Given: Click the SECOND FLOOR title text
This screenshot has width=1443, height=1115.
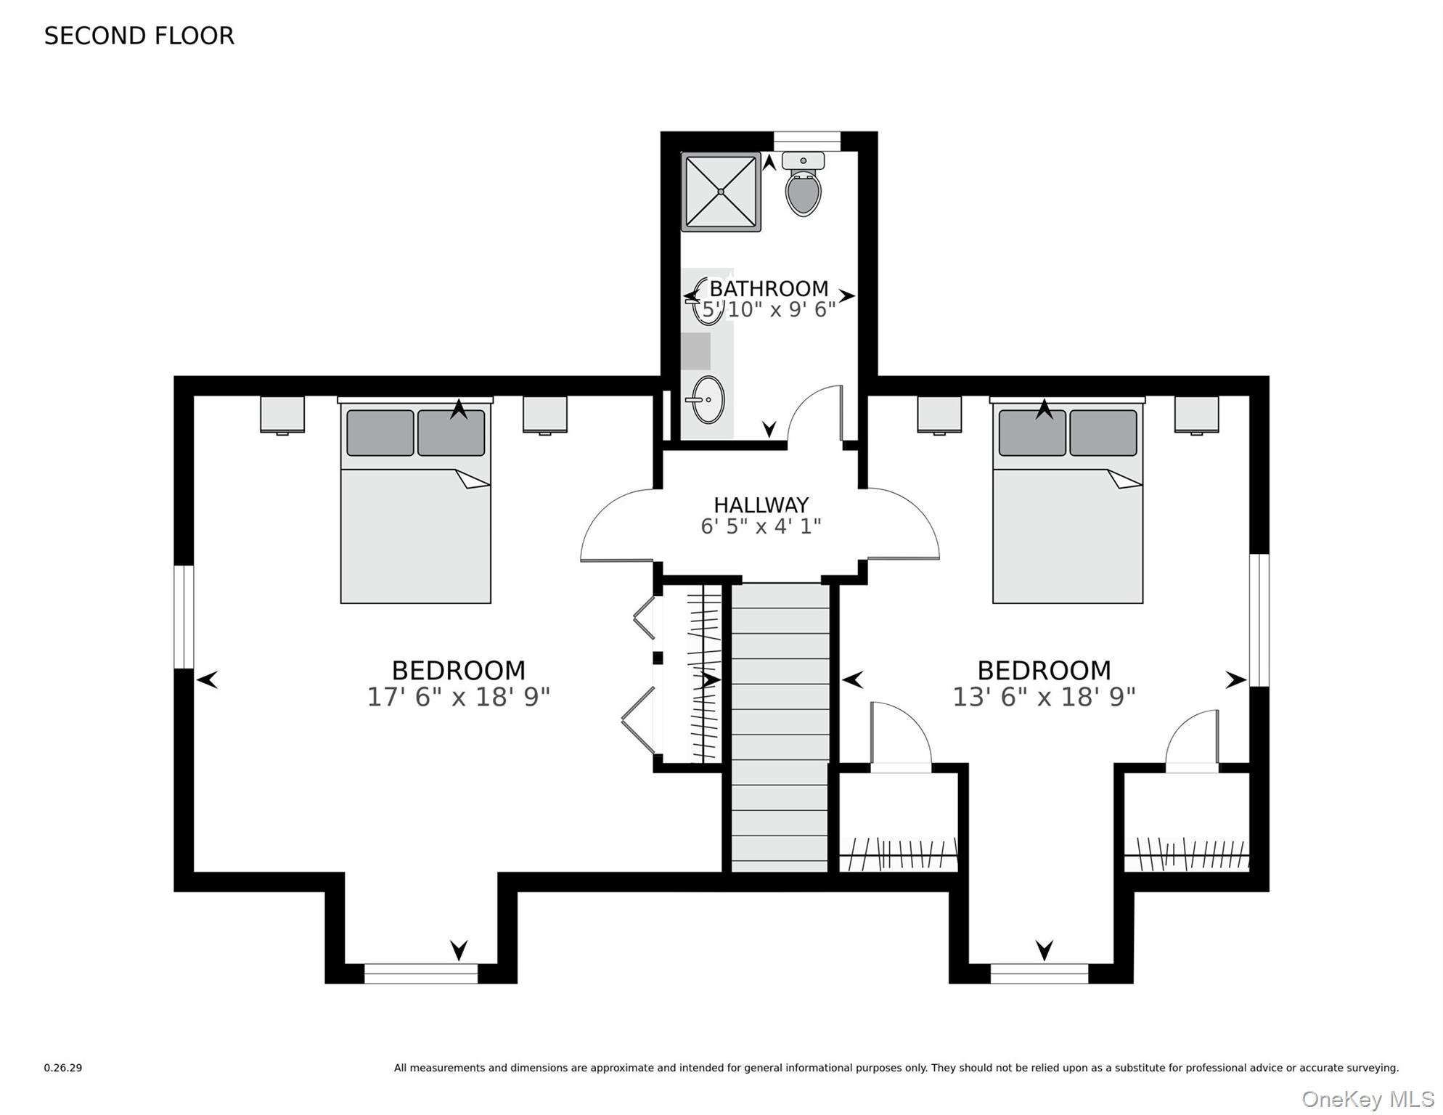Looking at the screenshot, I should (x=139, y=36).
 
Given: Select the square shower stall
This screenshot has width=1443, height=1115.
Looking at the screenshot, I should (x=720, y=192).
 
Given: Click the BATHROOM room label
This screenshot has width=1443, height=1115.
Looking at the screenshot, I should (x=769, y=288).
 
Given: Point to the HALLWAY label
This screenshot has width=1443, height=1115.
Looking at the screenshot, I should (x=761, y=505).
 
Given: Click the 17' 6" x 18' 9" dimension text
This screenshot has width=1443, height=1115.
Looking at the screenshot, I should (x=458, y=697).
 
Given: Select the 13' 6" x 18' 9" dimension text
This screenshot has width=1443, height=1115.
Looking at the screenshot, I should (x=1043, y=697).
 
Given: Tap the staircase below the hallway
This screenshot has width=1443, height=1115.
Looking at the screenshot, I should (x=780, y=726).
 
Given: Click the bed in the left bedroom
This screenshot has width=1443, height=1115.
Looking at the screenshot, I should (x=415, y=508).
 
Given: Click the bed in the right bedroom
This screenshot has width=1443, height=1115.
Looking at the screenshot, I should (x=1067, y=508).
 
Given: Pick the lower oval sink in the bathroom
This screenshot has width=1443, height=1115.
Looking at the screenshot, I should (x=707, y=399).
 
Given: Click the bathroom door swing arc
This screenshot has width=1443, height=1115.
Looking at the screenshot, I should (x=813, y=414).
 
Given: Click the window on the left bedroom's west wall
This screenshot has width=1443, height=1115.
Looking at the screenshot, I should (x=184, y=616).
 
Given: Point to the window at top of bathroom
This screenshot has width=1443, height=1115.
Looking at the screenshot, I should (x=806, y=140).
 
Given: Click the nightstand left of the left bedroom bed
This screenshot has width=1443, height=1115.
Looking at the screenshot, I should (x=282, y=414).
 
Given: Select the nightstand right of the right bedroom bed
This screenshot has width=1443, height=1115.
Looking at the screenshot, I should (x=1196, y=414).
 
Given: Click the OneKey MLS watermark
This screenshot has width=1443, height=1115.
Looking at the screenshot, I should (x=1368, y=1099).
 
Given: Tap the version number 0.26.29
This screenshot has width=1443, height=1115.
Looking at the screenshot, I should (x=63, y=1068).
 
